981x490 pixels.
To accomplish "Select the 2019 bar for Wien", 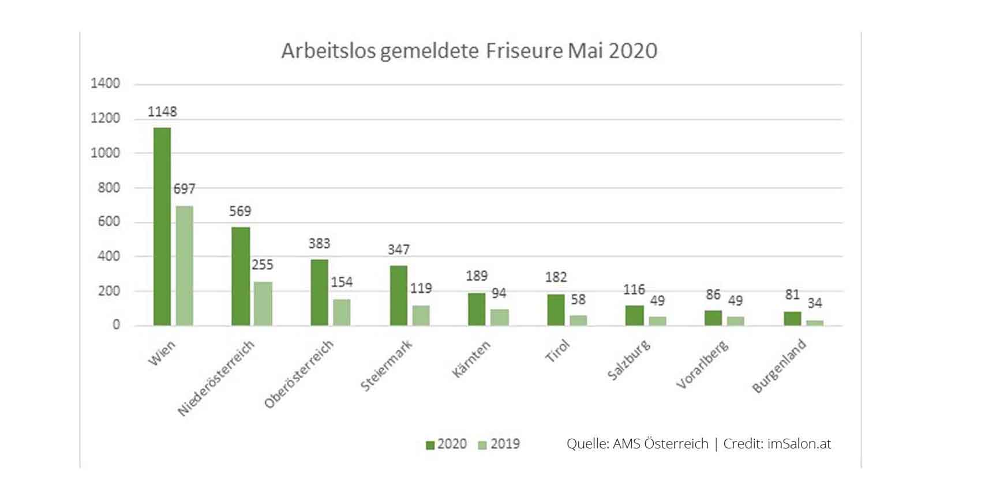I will (185, 266).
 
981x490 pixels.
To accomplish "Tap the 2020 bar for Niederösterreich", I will (241, 277).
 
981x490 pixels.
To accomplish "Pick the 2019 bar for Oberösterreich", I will (342, 312).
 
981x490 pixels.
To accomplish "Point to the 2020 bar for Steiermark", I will (399, 296).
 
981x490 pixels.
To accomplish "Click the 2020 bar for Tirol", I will (556, 310).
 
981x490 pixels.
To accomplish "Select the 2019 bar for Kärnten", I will (500, 317).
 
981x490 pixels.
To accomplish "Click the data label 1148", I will (162, 111).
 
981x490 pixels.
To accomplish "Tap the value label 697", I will (185, 189).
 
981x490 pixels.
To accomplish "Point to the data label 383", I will (319, 243).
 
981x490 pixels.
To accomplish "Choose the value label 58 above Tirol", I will (578, 299).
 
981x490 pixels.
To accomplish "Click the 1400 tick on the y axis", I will (106, 84).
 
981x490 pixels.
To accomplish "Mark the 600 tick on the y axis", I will (108, 222).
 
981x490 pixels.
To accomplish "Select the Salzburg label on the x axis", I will (629, 361).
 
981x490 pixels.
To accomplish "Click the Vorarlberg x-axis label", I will (702, 365).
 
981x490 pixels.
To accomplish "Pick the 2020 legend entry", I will (446, 444).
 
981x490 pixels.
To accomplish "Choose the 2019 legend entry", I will (499, 444).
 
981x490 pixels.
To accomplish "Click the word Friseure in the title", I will (524, 51).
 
